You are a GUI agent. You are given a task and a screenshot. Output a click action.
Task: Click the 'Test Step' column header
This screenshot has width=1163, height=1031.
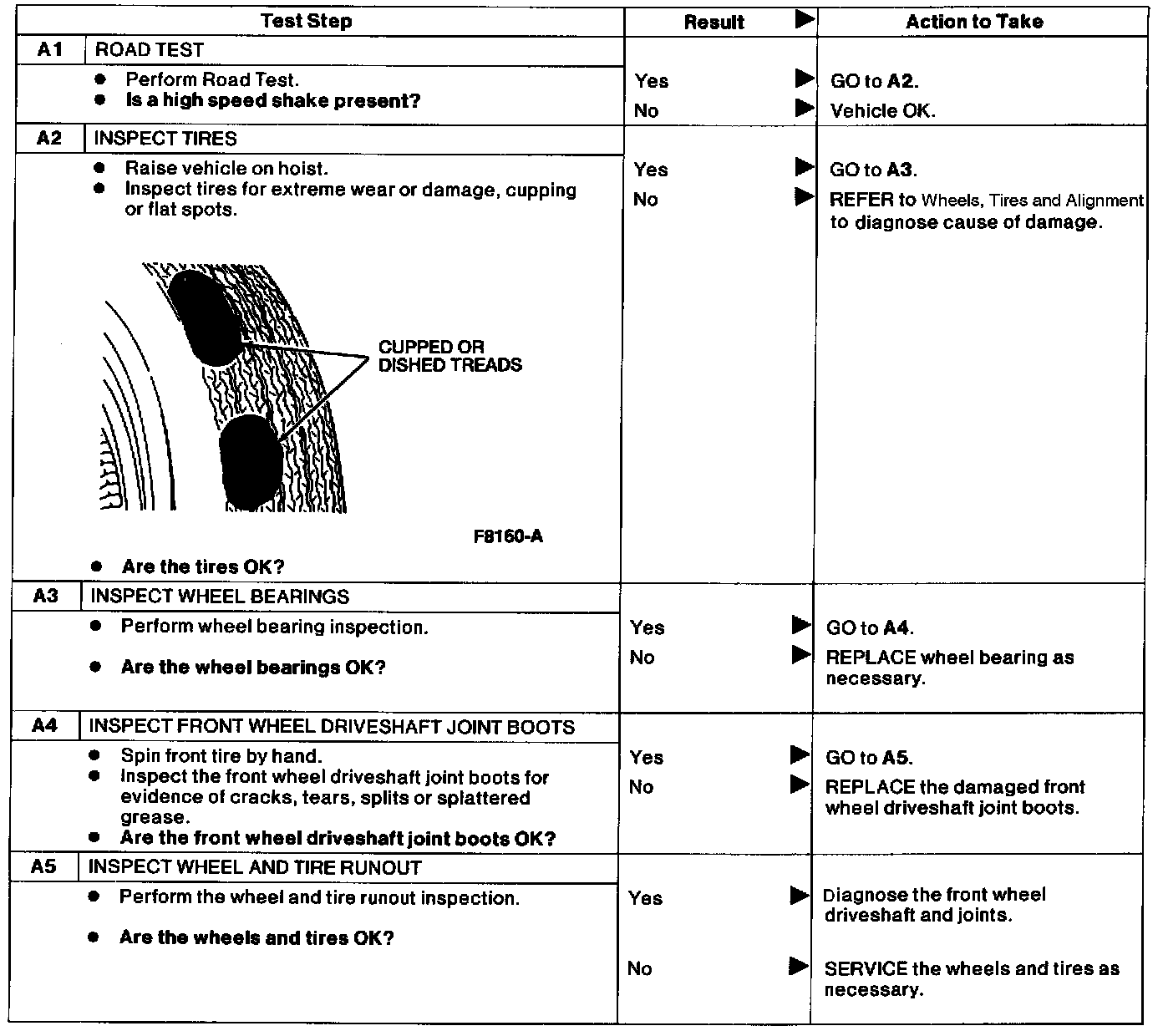tap(306, 22)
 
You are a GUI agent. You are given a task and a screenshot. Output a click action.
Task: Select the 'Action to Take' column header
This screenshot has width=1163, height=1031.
tap(974, 22)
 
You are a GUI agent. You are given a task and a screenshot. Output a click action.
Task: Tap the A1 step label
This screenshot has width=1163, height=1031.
tap(50, 50)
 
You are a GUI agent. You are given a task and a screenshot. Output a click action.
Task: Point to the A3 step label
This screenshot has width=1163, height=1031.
tap(46, 597)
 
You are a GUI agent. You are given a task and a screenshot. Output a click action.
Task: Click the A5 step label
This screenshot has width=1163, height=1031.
tap(43, 867)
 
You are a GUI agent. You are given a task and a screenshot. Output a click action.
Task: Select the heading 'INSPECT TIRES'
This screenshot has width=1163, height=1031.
tap(165, 139)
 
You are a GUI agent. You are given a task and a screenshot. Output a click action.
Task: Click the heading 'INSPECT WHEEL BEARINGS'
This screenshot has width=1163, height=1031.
tap(220, 597)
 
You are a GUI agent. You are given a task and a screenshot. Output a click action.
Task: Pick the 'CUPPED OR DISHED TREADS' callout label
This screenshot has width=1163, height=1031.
tap(449, 356)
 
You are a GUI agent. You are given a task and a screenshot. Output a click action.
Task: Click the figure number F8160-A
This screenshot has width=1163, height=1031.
tap(508, 536)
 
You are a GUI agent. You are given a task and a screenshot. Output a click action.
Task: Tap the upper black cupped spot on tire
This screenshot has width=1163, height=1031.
tap(206, 318)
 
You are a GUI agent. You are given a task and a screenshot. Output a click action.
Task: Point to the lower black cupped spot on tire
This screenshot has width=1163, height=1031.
tap(251, 462)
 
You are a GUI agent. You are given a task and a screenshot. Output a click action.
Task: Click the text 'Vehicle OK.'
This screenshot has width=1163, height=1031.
tap(882, 111)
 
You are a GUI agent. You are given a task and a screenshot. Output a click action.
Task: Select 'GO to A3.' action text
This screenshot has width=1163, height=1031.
tap(873, 170)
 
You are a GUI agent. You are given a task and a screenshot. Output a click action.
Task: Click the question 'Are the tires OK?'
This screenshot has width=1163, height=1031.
tap(203, 566)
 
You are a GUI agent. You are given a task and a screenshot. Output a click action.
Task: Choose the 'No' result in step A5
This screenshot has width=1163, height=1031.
tap(640, 968)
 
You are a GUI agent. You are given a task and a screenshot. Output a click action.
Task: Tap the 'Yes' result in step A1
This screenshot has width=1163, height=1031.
tap(652, 81)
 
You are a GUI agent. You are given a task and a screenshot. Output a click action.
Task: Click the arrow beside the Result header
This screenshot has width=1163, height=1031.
tap(804, 20)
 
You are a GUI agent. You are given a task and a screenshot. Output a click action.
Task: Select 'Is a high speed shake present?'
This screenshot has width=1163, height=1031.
tap(272, 101)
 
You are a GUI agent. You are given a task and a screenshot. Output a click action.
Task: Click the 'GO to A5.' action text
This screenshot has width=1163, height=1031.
tap(869, 758)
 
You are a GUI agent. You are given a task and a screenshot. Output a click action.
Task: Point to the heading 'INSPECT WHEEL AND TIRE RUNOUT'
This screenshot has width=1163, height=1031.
tap(255, 867)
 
